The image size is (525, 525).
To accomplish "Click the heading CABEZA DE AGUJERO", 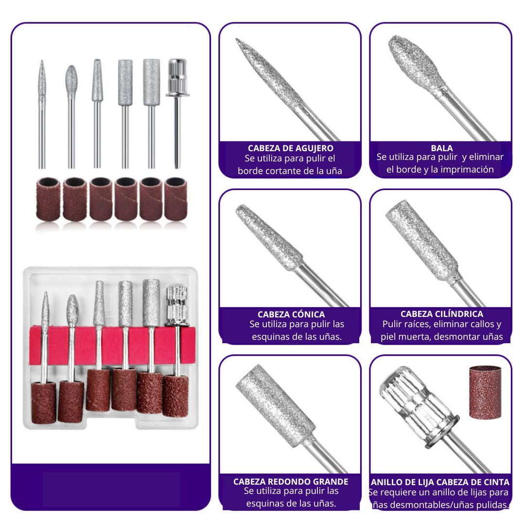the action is pyautogui.click(x=290, y=148).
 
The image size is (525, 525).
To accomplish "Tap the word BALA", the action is pyautogui.click(x=441, y=148).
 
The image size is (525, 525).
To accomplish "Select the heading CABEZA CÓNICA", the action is pyautogui.click(x=291, y=315).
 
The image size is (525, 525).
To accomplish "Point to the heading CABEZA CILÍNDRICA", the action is pyautogui.click(x=441, y=314).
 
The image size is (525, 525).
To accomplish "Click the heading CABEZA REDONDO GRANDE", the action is pyautogui.click(x=291, y=481).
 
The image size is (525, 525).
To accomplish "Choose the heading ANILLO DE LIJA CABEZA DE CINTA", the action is pyautogui.click(x=440, y=482).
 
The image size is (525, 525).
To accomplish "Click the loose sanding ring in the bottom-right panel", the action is pyautogui.click(x=485, y=392).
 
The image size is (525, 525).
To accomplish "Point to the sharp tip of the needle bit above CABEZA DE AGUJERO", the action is pyautogui.click(x=236, y=39).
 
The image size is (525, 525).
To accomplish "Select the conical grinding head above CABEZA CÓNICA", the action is pyautogui.click(x=269, y=236).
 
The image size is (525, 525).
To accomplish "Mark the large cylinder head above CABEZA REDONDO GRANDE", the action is pyautogui.click(x=275, y=405).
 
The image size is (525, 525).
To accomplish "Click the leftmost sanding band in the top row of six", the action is pyautogui.click(x=48, y=199).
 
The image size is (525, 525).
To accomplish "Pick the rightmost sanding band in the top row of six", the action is pyautogui.click(x=175, y=199).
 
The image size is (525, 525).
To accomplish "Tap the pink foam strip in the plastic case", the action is pyautogui.click(x=112, y=346).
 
